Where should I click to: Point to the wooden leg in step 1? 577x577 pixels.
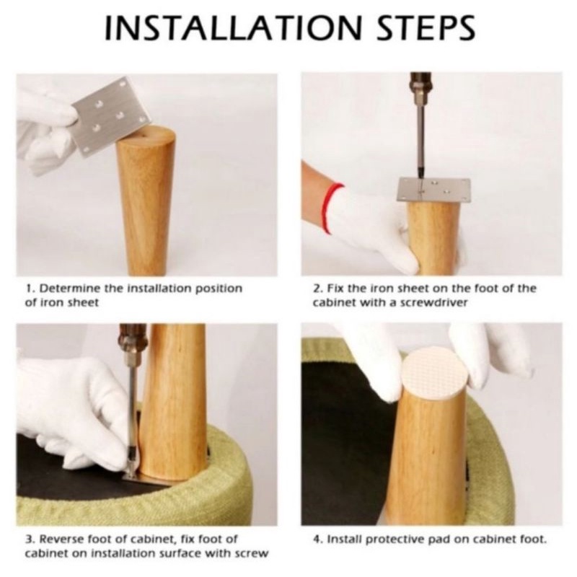click(146, 201)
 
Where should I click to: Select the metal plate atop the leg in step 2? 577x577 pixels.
click(434, 190)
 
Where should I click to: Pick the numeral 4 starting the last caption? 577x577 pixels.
click(316, 539)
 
